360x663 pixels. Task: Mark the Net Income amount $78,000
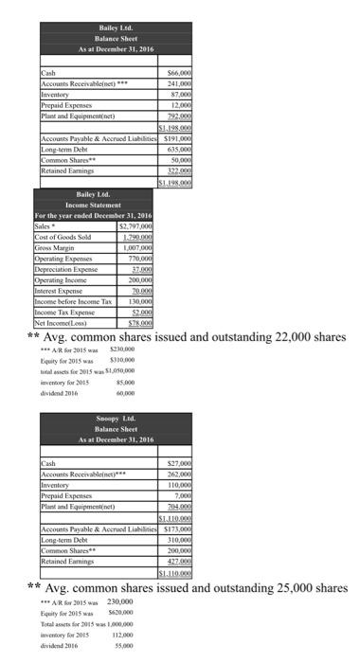[x=139, y=323]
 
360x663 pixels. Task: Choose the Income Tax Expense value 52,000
[x=140, y=313]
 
